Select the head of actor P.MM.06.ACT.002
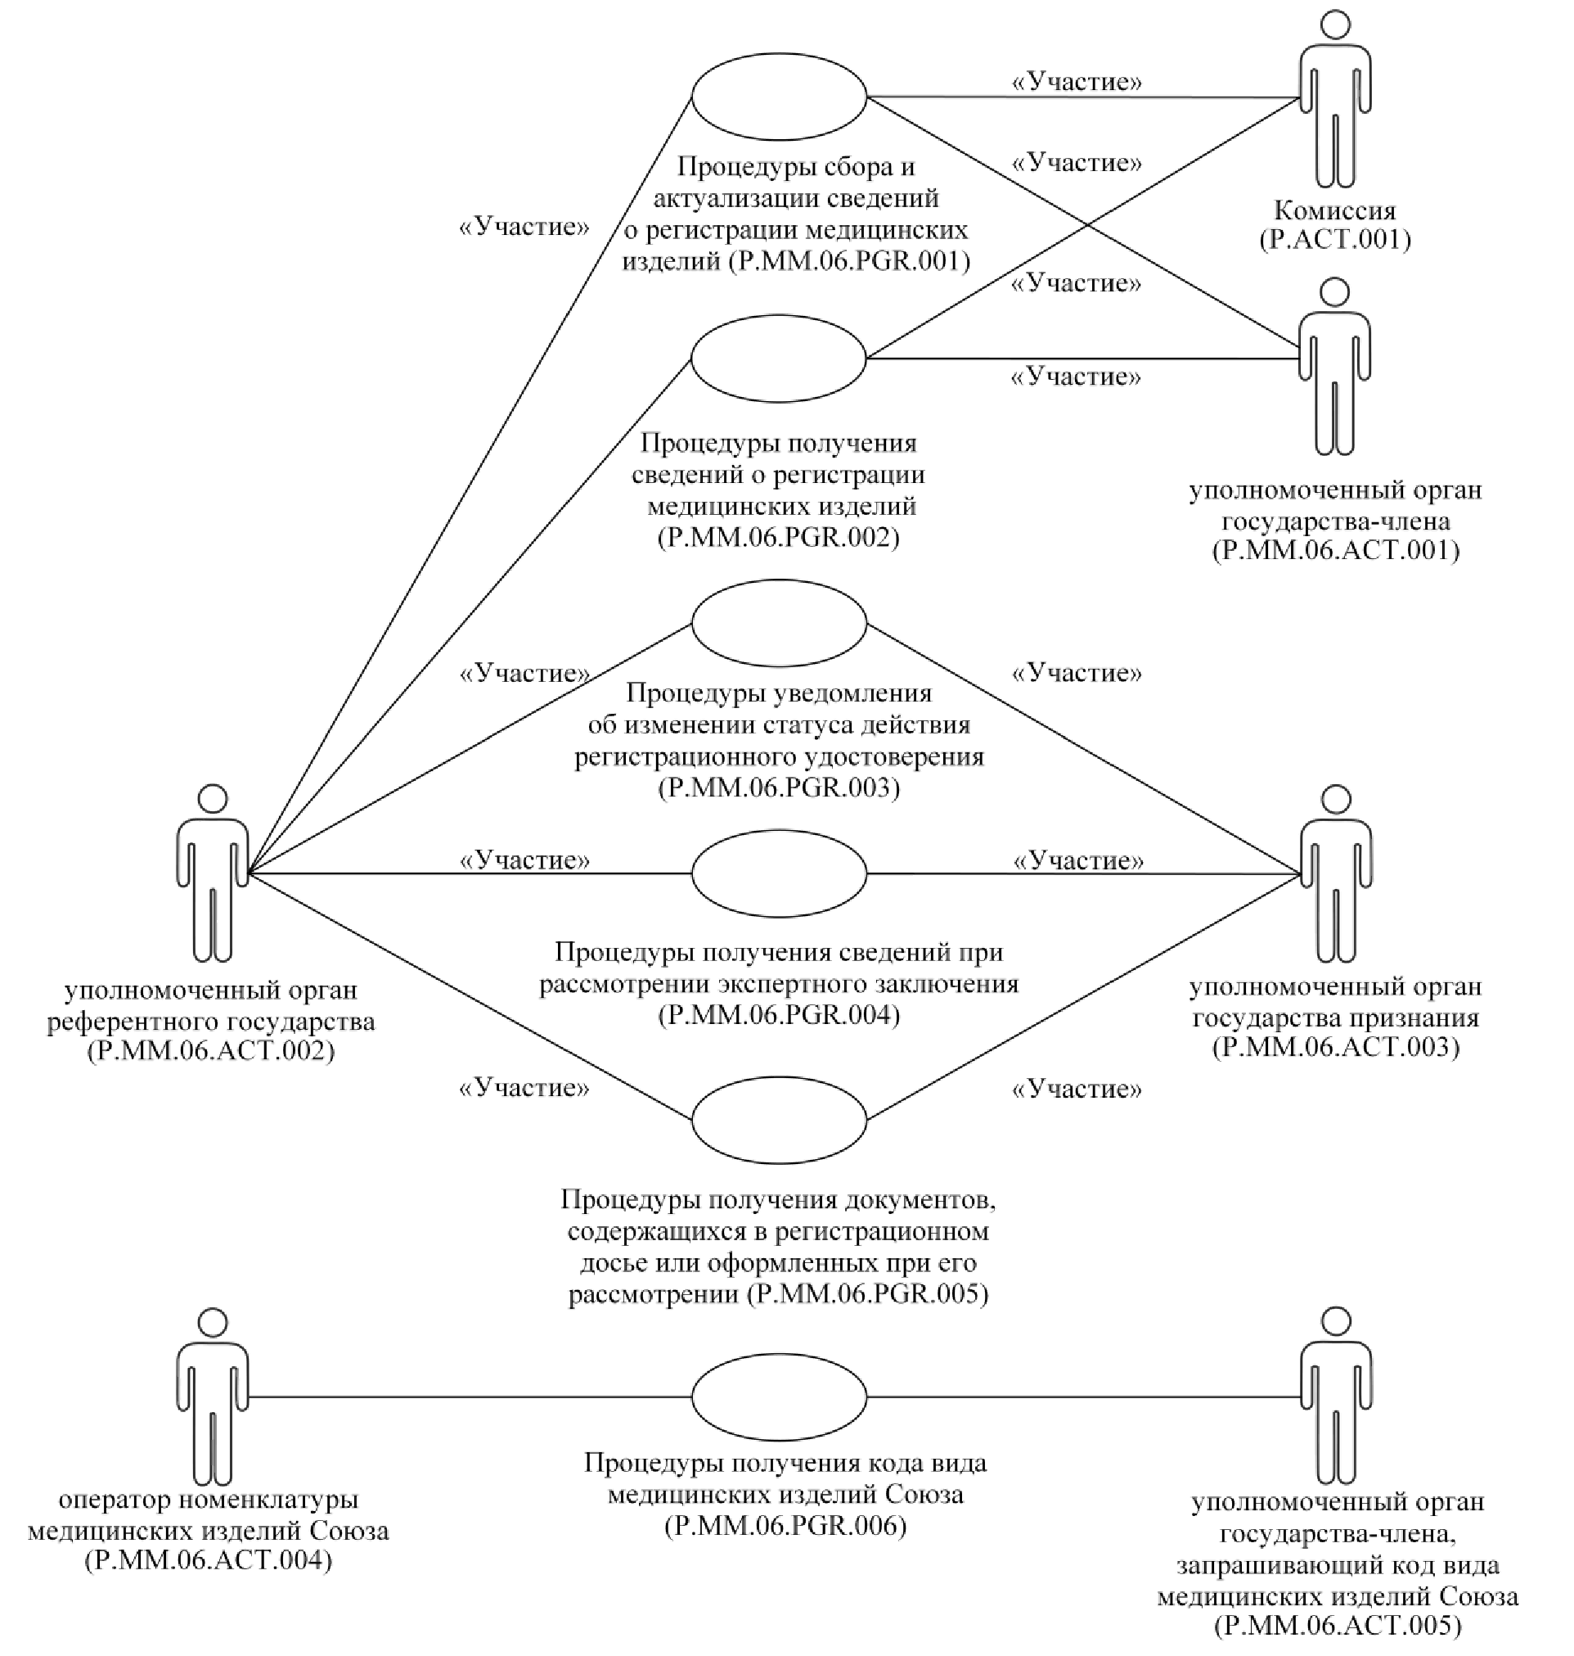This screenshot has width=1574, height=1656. [x=213, y=798]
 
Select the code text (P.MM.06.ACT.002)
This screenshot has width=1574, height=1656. [x=210, y=1051]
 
